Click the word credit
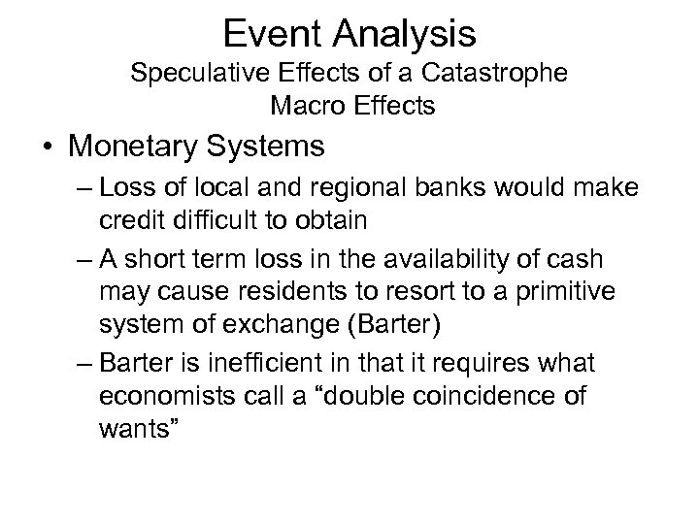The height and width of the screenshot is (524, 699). [130, 220]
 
